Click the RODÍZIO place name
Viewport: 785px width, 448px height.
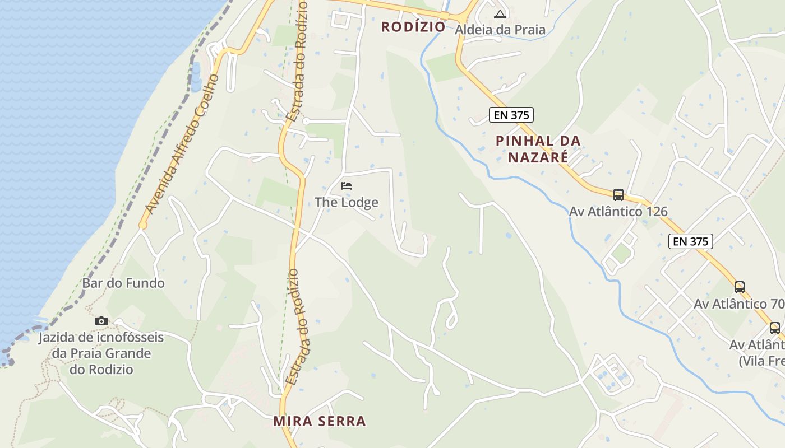click(413, 27)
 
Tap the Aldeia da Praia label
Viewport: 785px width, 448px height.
click(500, 30)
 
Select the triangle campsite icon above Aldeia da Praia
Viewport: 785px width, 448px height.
click(500, 14)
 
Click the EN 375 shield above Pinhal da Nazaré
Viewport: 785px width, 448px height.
click(511, 115)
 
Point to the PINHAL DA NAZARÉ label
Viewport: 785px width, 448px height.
click(538, 149)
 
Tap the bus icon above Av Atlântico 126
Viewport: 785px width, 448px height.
click(618, 195)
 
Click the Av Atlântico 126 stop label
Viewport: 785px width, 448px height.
click(618, 212)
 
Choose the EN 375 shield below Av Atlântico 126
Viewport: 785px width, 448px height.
click(691, 241)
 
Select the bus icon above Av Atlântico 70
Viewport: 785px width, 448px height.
click(740, 287)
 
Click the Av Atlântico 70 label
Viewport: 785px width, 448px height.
click(738, 304)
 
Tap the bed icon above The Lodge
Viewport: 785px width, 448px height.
click(347, 185)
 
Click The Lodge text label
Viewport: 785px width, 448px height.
click(347, 202)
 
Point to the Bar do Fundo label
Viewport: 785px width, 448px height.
click(123, 283)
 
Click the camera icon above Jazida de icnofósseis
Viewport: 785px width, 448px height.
click(101, 321)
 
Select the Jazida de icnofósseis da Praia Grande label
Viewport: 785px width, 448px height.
click(101, 353)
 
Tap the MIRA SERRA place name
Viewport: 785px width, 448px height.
click(320, 421)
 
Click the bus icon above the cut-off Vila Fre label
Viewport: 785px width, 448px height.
click(774, 328)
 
